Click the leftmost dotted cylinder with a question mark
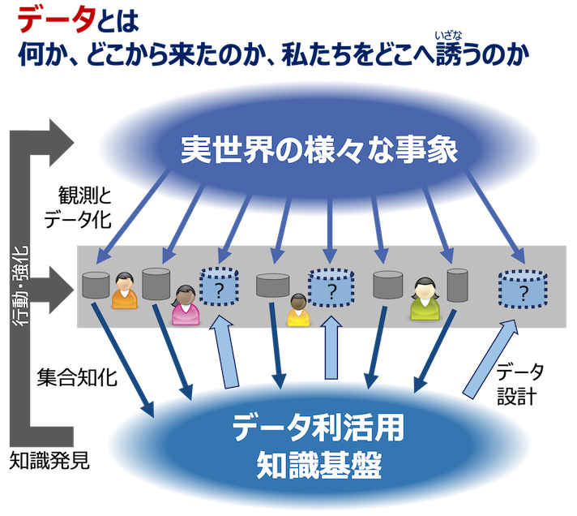click(x=222, y=287)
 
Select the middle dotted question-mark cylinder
click(x=331, y=289)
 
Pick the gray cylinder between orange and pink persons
click(x=156, y=282)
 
